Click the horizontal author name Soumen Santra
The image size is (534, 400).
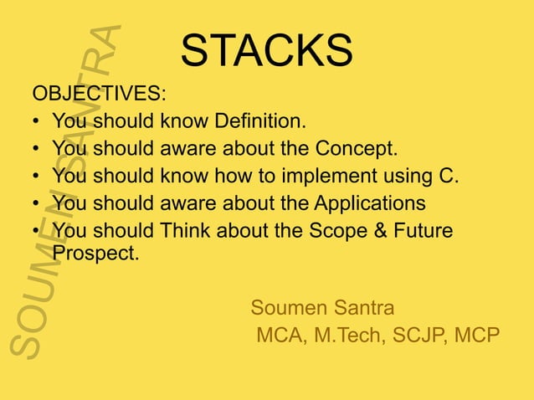pyautogui.click(x=322, y=307)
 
